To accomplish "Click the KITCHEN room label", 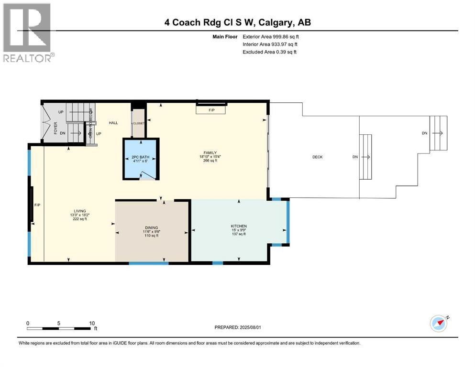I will coord(238,226).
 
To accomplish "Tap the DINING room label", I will coord(151,227).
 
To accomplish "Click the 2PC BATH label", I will coord(141,157).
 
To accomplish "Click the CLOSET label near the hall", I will coord(139,123).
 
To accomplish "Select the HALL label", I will coord(113,123).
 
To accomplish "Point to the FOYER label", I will coord(55,128).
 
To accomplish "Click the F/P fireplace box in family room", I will coord(211,110).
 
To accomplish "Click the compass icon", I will coord(439,324).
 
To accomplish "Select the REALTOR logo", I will coord(28,32).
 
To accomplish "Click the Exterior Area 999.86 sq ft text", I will coord(271,36).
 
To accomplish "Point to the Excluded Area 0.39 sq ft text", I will coord(269,52).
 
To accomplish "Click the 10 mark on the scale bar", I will coord(92,323).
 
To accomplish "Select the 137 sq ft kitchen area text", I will coord(238,234).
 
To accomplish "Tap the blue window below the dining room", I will coord(148,263).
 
